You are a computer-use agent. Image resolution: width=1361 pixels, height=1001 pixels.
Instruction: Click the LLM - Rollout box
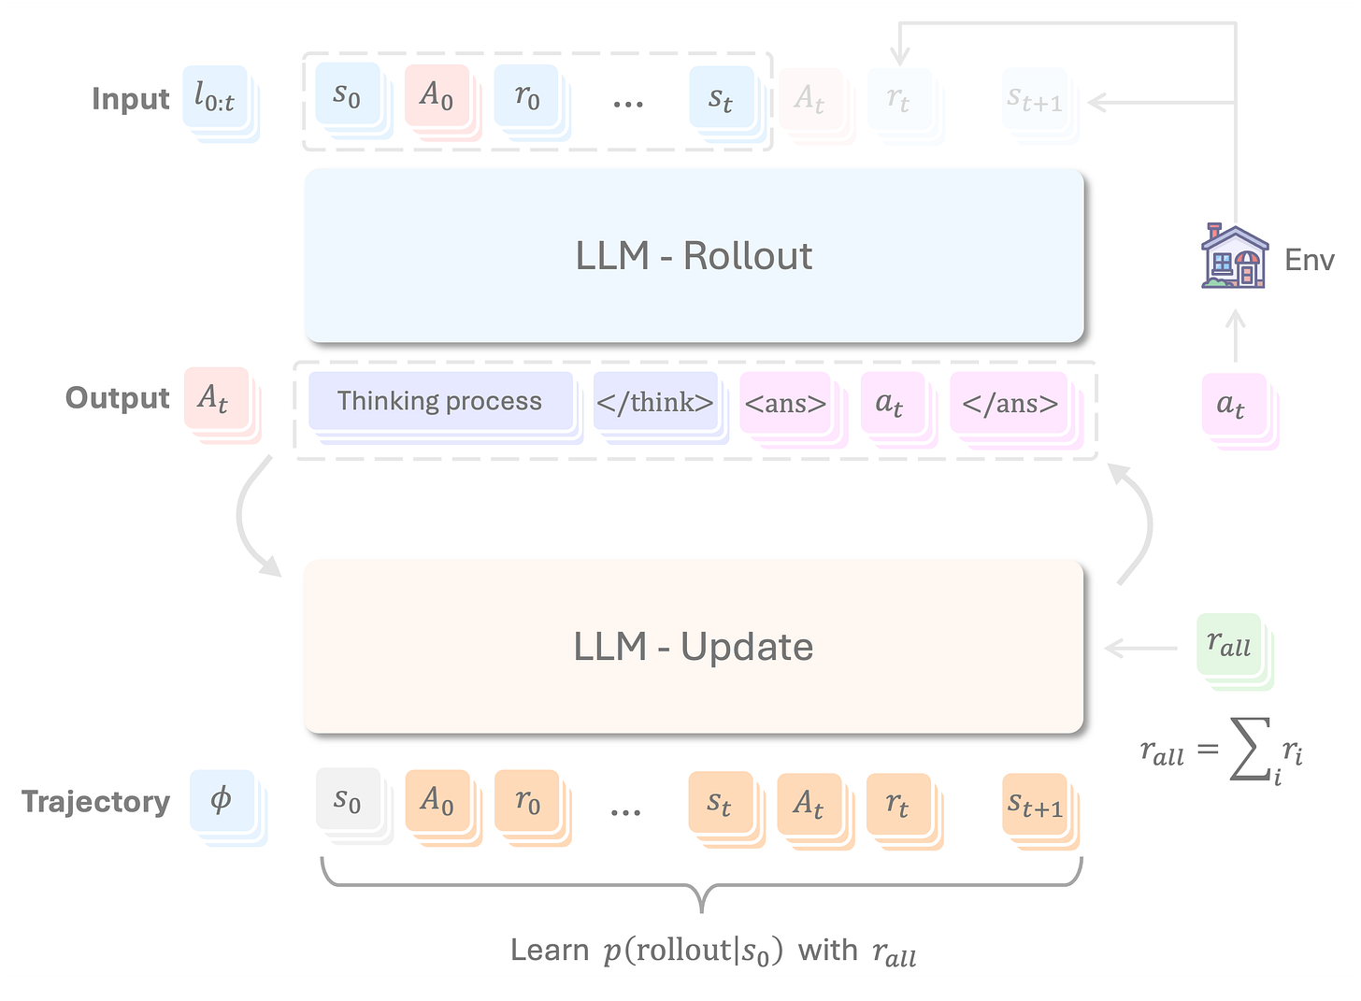coord(694,255)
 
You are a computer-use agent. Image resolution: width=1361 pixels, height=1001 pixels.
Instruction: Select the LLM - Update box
coord(694,646)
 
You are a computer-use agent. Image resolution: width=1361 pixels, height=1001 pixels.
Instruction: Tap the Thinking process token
coord(440,401)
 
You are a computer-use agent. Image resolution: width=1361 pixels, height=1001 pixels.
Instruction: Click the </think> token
coord(655,402)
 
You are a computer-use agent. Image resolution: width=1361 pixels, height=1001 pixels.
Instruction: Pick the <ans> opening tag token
coord(785,403)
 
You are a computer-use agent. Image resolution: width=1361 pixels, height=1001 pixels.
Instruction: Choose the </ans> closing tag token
coord(1010,403)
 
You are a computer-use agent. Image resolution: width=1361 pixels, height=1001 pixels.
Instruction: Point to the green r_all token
coord(1229,645)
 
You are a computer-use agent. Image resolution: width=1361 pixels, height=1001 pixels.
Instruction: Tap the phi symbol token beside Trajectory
coord(222,800)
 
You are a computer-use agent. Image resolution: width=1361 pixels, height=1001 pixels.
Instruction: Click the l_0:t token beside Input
coord(215,96)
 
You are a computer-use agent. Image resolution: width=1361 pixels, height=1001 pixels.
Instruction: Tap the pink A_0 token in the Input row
coord(437,94)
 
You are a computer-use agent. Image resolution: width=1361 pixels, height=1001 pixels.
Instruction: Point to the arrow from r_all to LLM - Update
coord(1141,648)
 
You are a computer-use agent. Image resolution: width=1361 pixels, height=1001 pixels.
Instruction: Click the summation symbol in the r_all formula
coord(1250,750)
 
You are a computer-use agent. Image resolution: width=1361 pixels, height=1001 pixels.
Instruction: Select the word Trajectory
coord(96,801)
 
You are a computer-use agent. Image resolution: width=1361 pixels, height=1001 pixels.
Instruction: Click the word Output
coord(118,397)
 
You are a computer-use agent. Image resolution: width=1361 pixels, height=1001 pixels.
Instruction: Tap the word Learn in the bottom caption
coord(550,950)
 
